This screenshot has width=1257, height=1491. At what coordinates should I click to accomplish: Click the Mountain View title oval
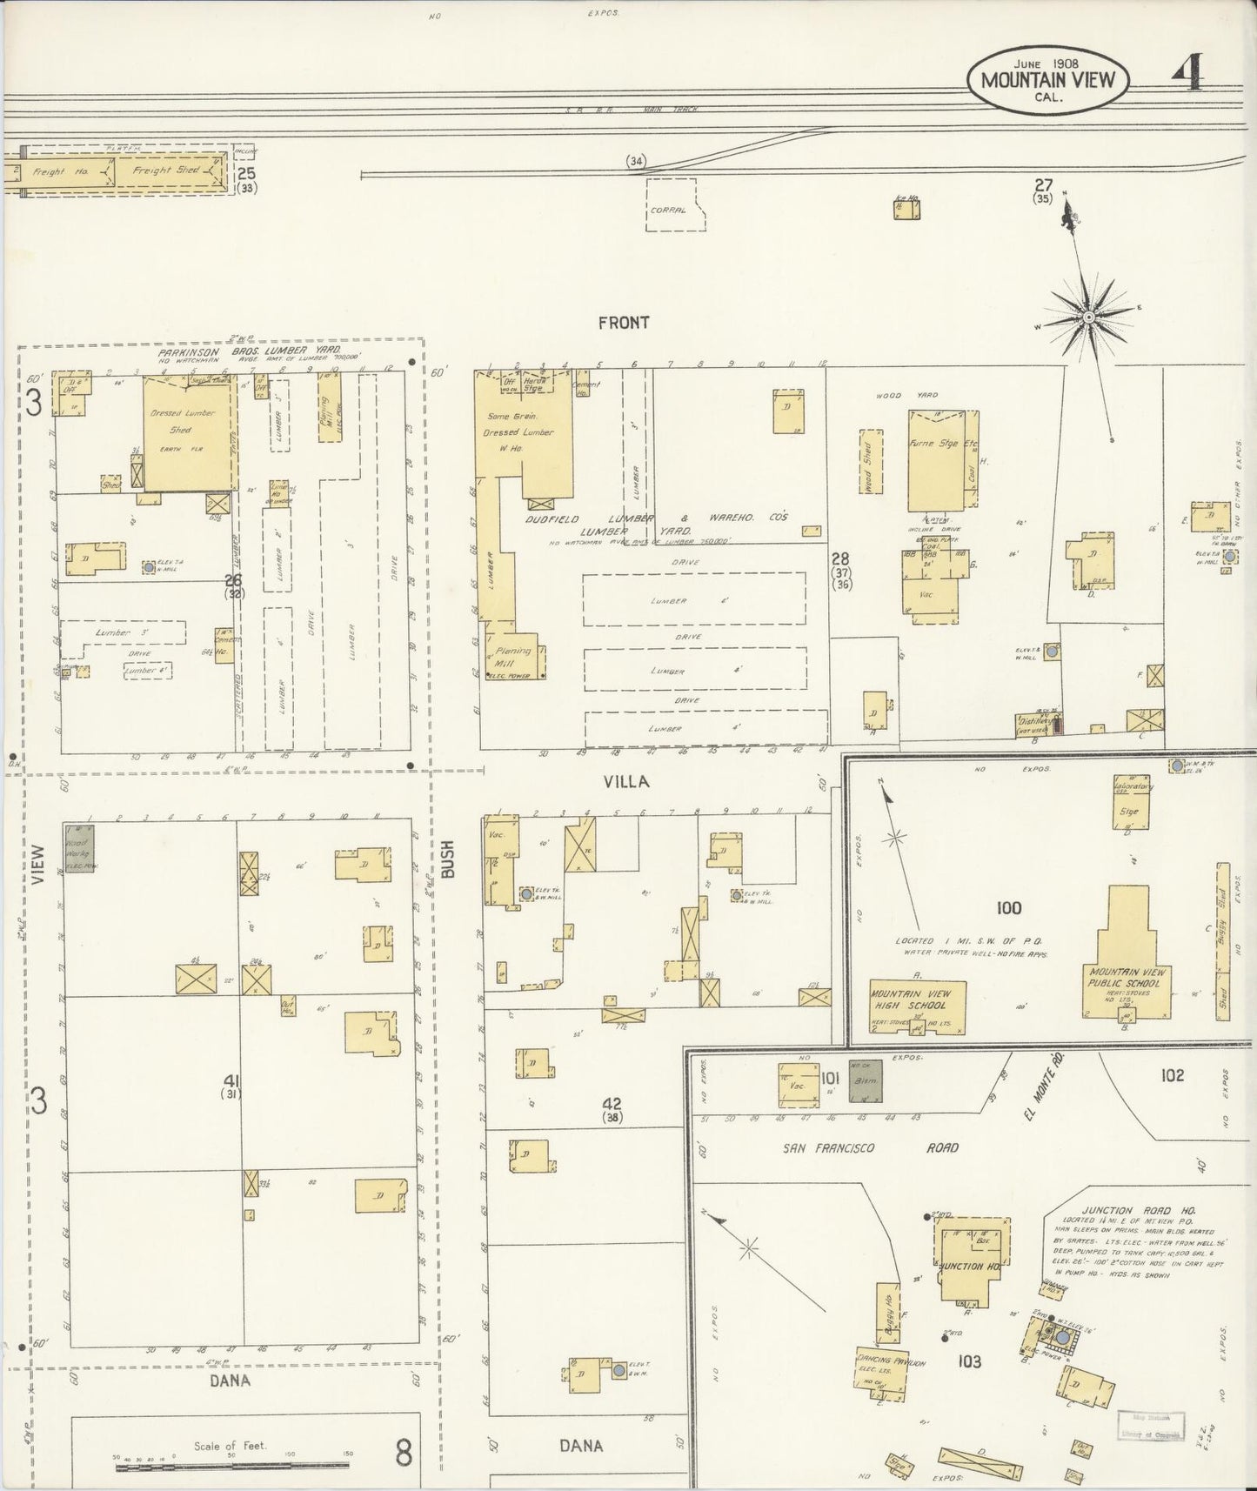[1047, 79]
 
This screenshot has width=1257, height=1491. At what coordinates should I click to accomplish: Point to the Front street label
[624, 323]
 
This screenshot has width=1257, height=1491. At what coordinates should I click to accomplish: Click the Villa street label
[626, 782]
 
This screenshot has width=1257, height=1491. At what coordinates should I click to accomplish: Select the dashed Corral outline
[675, 205]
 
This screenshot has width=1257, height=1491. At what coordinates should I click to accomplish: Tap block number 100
[1008, 908]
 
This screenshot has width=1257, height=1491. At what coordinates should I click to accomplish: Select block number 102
[1172, 1076]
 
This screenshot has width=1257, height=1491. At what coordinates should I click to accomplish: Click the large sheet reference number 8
[404, 1453]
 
